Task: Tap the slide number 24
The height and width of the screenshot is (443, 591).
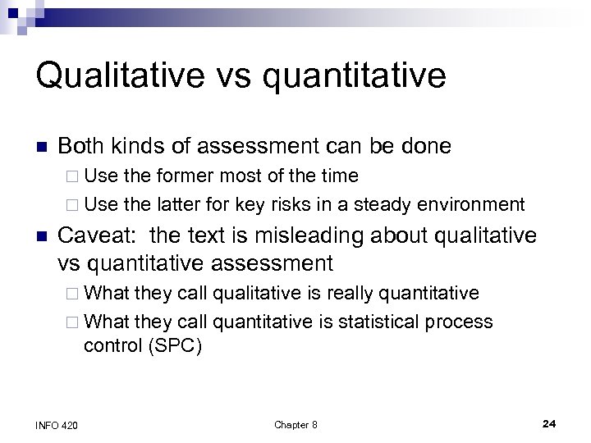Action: (550, 423)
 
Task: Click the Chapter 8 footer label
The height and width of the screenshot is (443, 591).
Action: (295, 424)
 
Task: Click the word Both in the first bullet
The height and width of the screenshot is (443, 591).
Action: (81, 147)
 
